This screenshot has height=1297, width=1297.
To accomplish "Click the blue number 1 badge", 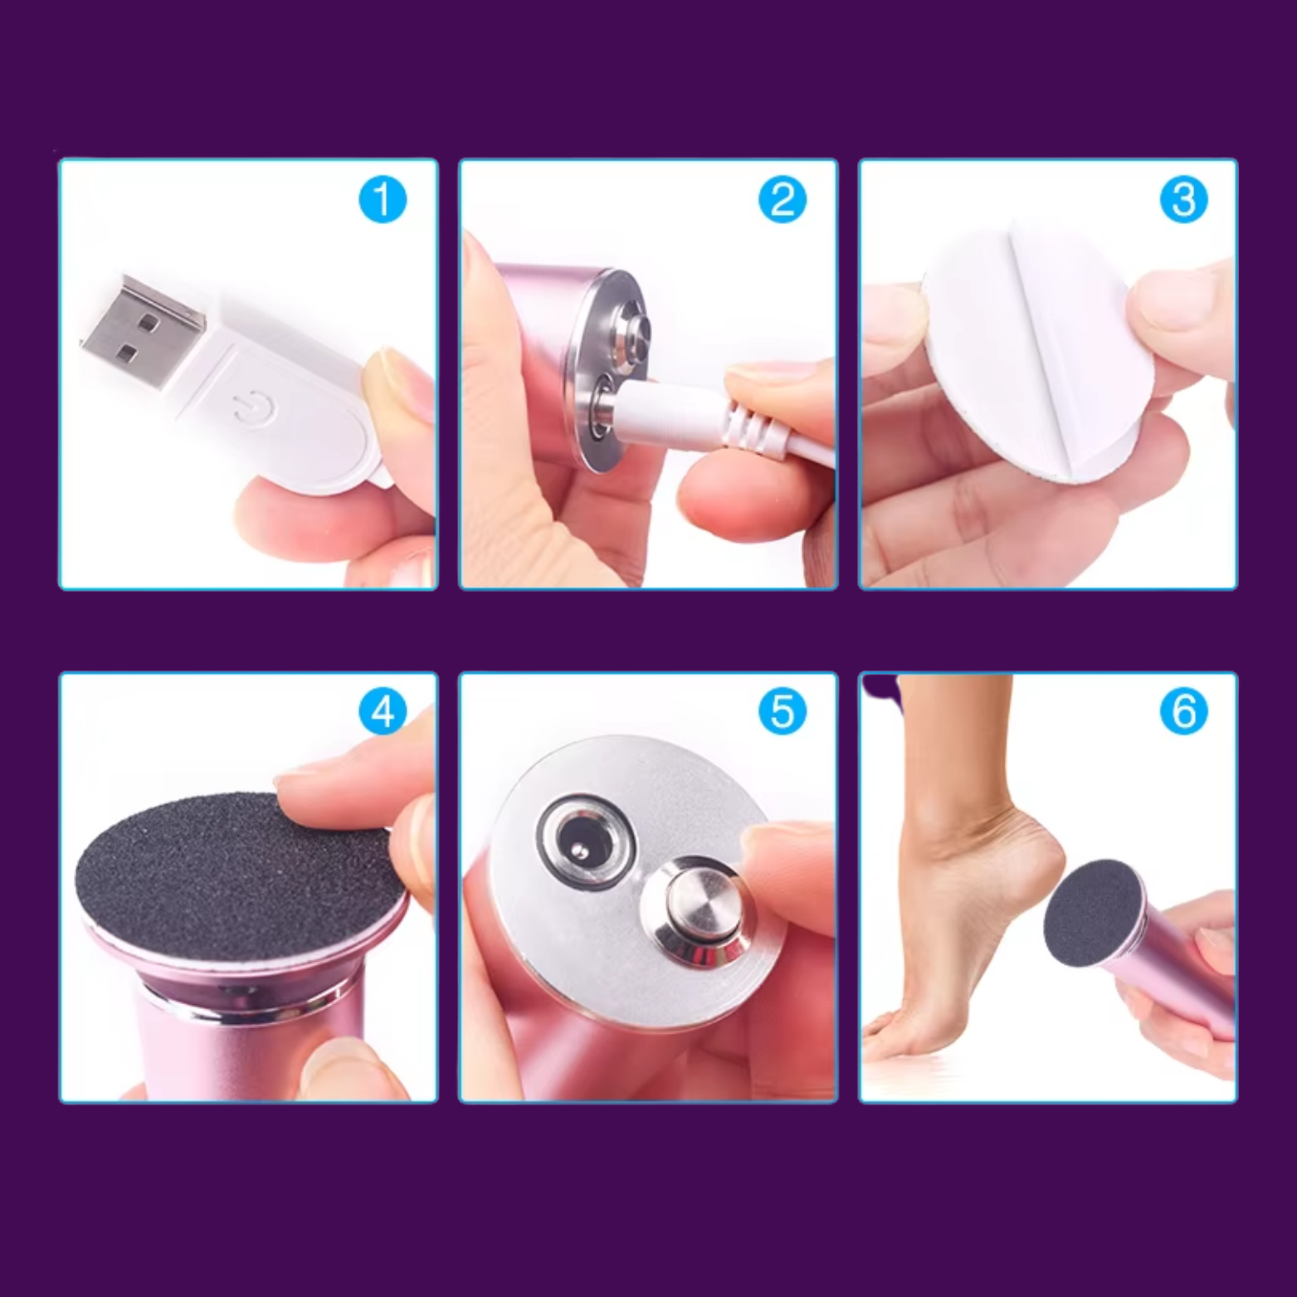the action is tap(383, 200).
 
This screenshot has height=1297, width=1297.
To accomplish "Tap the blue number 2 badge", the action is tap(783, 200).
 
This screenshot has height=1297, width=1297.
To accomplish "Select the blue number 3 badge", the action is tap(1183, 200).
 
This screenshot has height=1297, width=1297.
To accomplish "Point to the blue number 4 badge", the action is tap(383, 712).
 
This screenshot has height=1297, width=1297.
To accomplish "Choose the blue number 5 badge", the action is tap(783, 712).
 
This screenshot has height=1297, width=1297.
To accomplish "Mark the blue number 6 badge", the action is tap(1183, 712).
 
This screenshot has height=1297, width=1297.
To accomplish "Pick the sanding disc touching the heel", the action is tap(1090, 913).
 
